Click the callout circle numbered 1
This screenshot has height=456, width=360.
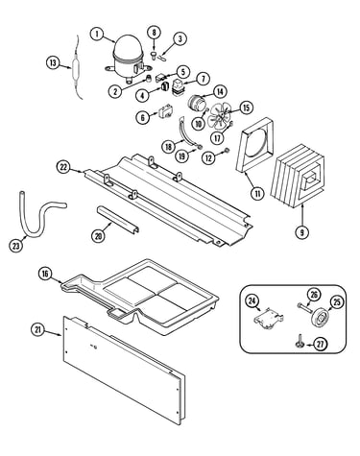98,34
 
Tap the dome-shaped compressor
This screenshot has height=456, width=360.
127,58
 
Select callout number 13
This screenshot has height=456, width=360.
53,62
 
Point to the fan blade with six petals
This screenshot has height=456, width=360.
219,117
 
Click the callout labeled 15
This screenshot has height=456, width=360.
246,108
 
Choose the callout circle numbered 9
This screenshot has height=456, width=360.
301,232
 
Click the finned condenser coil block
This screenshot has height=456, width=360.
297,177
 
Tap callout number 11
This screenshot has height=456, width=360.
257,193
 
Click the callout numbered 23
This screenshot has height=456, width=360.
16,246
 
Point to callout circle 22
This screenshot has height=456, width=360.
63,167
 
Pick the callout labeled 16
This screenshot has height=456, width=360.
45,275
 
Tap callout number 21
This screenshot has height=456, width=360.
38,331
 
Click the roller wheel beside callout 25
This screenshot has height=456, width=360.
320,317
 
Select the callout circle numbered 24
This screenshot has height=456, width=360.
252,301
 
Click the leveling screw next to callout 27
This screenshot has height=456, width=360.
300,343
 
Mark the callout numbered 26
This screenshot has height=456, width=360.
314,295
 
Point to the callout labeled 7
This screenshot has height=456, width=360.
203,79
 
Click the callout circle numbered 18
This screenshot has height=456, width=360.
169,147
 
